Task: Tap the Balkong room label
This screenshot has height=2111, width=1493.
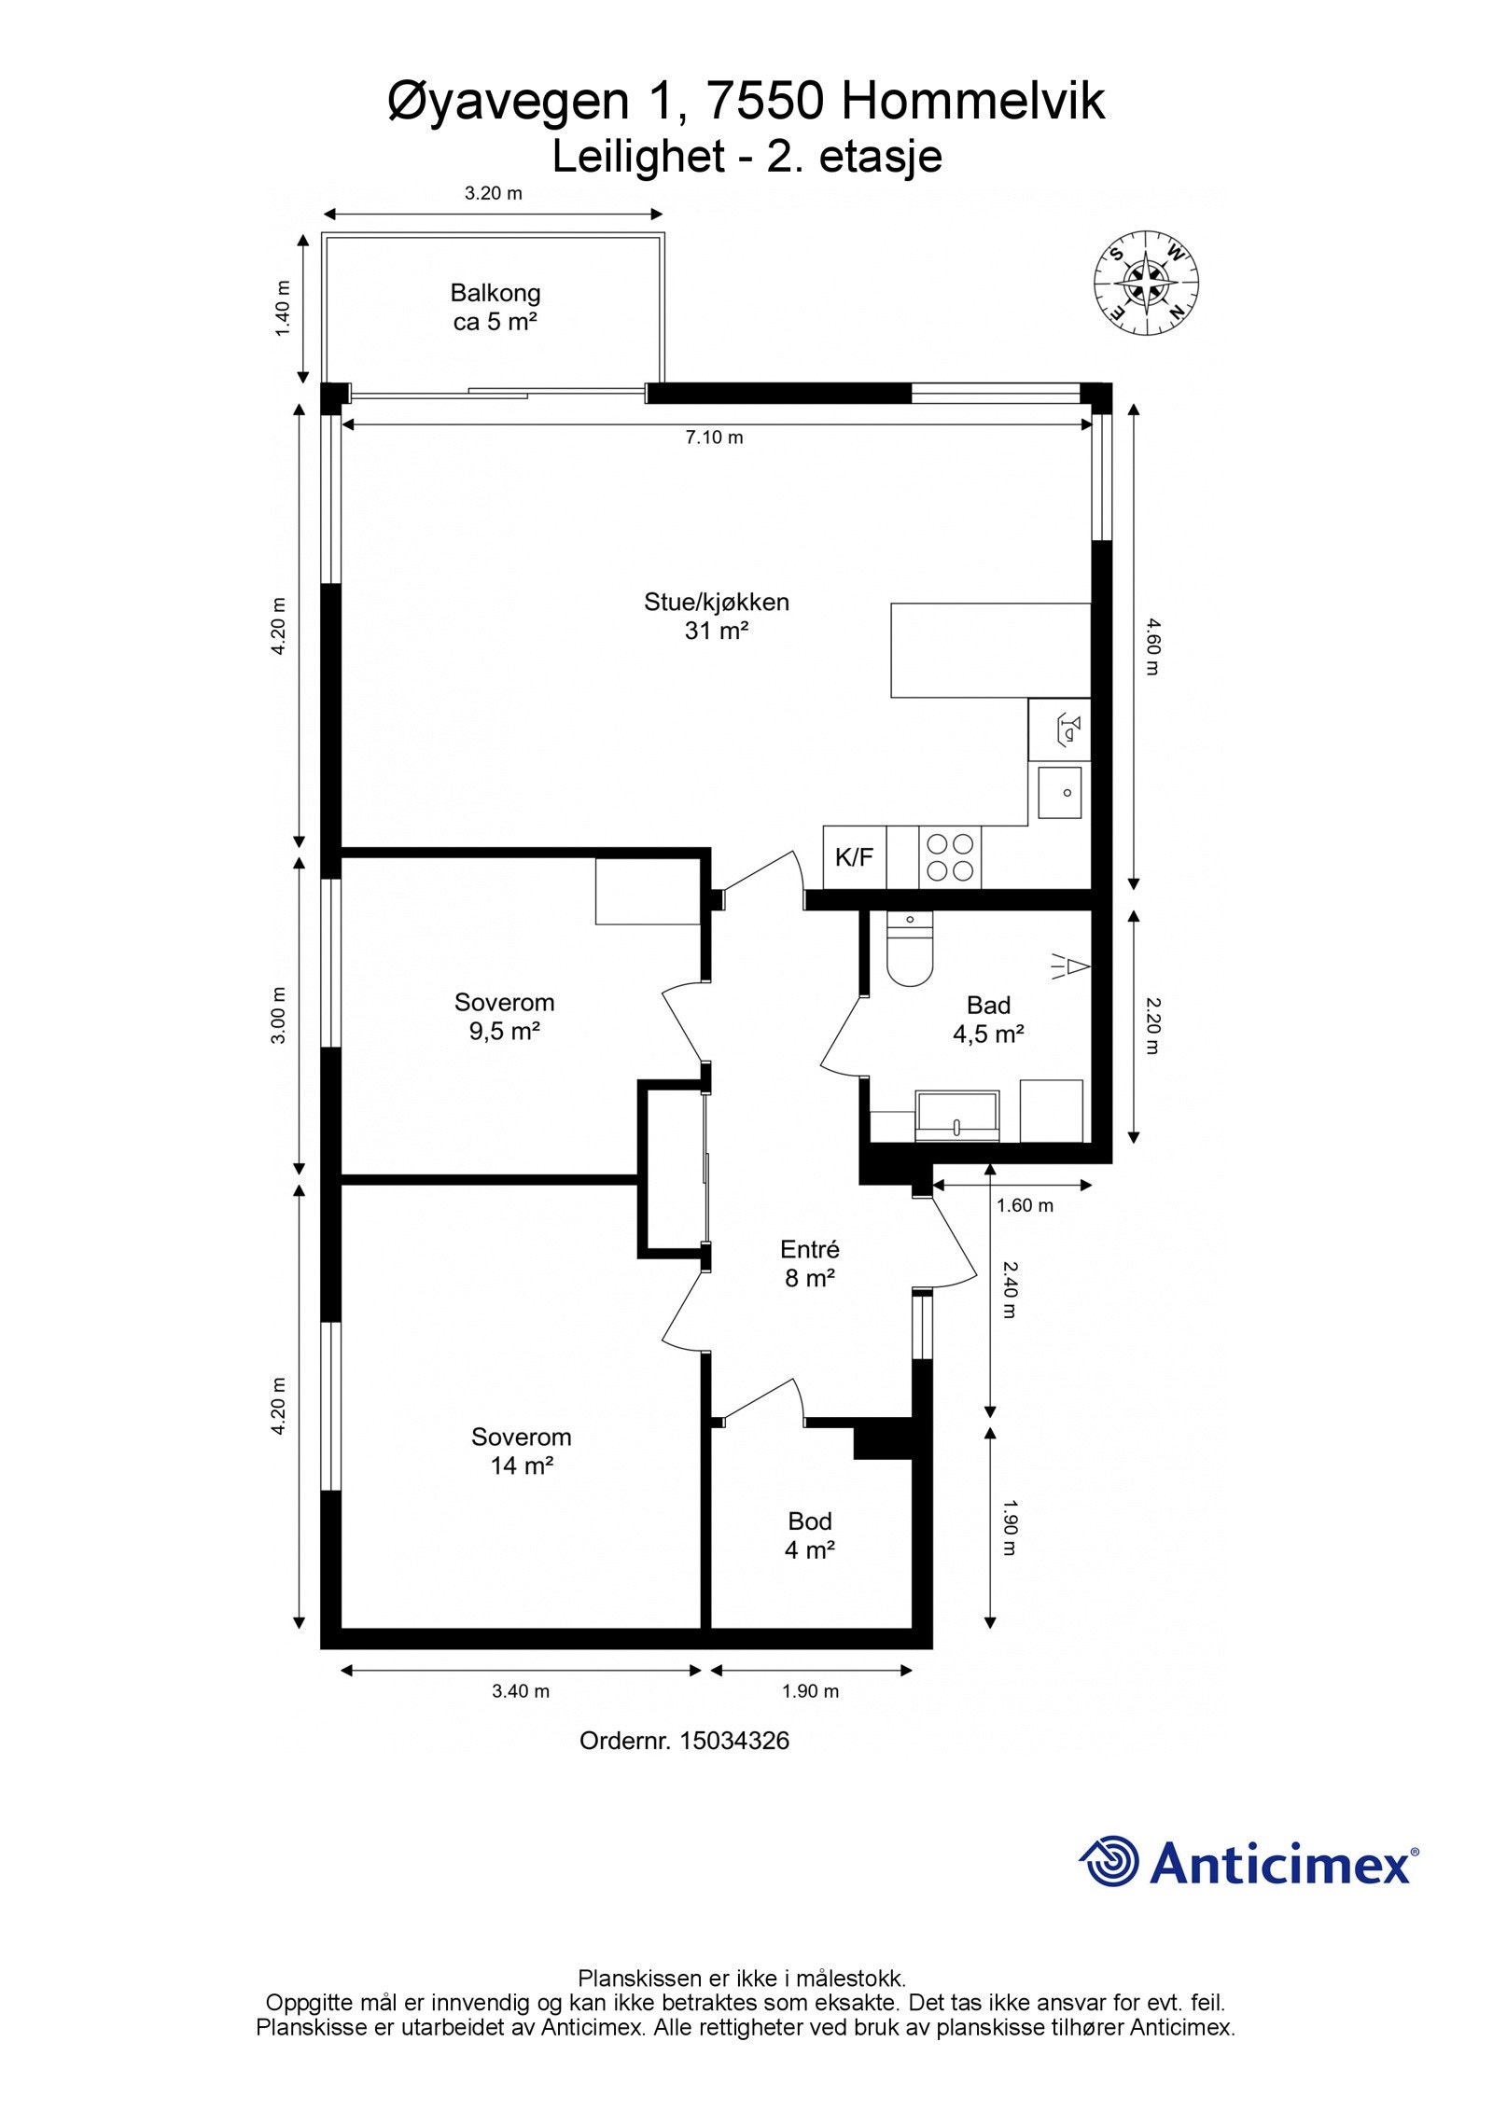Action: [495, 293]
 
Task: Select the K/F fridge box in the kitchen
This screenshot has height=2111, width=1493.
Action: [854, 857]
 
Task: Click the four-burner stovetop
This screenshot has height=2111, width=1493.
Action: [950, 857]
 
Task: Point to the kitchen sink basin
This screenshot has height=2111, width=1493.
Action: [1060, 792]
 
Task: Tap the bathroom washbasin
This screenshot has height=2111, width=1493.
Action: [958, 1116]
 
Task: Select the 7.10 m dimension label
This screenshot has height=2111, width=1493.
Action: [715, 437]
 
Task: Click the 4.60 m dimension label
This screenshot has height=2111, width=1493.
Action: [1150, 646]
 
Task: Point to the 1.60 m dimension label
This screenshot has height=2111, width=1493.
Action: [1025, 1205]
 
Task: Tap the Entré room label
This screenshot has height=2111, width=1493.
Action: [810, 1249]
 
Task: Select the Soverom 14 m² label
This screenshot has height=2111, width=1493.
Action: [522, 1451]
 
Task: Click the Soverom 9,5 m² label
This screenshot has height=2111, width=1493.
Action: [505, 1017]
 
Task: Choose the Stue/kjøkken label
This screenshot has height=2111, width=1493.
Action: [717, 602]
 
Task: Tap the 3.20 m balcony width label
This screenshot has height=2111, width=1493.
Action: [494, 194]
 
